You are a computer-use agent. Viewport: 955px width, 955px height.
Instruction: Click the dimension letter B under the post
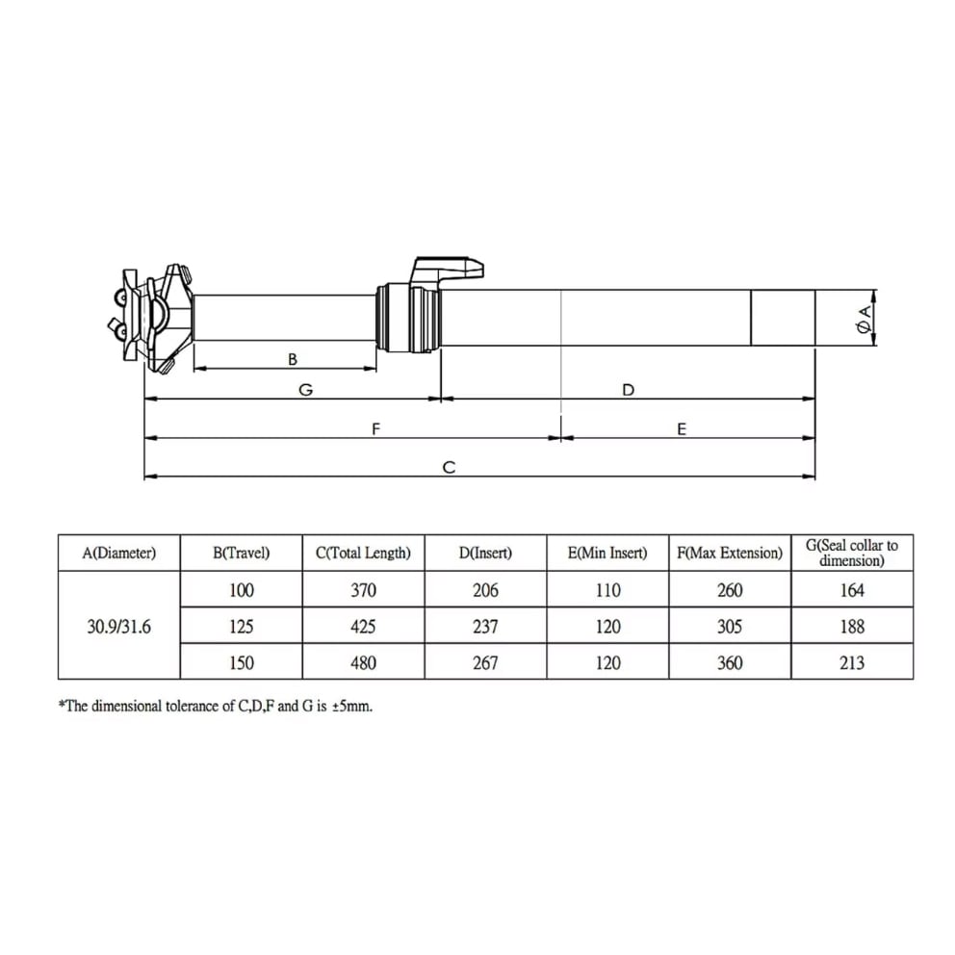pyautogui.click(x=293, y=359)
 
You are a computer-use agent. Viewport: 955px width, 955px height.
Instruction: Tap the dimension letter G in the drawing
pyautogui.click(x=306, y=390)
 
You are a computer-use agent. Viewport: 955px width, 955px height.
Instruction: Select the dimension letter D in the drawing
pyautogui.click(x=628, y=390)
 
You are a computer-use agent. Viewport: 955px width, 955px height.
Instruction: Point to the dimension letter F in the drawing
pyautogui.click(x=375, y=428)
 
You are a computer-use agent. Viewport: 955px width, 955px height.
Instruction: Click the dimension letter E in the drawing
pyautogui.click(x=682, y=428)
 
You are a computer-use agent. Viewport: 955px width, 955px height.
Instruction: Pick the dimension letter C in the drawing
pyautogui.click(x=449, y=467)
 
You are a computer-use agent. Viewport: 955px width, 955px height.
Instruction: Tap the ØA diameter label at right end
pyautogui.click(x=864, y=319)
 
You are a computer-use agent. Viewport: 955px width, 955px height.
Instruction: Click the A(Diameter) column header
pyautogui.click(x=119, y=553)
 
